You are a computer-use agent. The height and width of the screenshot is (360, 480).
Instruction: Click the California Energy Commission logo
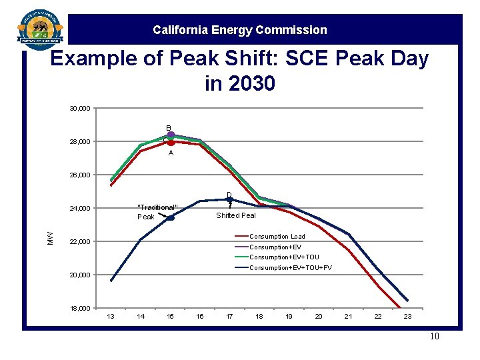[x=40, y=29]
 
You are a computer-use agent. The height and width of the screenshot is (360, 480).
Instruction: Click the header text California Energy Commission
[x=240, y=30]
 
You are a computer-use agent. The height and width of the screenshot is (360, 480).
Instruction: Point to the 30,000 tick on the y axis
[x=81, y=109]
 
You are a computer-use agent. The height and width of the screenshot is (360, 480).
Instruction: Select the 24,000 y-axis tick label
[x=81, y=209]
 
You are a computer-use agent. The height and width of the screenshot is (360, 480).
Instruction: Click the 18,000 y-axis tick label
[x=81, y=309]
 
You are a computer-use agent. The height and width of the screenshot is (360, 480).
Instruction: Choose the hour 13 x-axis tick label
[x=111, y=316]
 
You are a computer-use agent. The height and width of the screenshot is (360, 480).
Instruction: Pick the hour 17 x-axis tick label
[x=229, y=316]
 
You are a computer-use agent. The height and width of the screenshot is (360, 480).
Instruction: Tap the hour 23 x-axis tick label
[x=407, y=316]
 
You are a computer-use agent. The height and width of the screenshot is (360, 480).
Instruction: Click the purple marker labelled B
[x=171, y=135]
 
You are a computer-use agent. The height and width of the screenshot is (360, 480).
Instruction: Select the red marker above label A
[x=171, y=142]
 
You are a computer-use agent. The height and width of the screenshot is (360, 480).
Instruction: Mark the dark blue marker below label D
[x=229, y=199]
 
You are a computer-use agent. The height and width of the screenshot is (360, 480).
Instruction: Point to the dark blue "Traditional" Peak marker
[x=171, y=218]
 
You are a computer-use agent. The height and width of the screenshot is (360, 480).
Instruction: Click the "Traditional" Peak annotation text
[x=157, y=212]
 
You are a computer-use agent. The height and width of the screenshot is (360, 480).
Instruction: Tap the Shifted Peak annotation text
[x=236, y=215]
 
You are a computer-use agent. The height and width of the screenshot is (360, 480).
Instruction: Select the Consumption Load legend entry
[x=277, y=237]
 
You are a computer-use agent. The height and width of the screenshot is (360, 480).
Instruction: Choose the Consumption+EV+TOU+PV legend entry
[x=290, y=268]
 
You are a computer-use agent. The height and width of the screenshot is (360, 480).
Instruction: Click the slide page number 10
[x=435, y=336]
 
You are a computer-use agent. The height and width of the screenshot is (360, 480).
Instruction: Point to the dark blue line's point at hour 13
[x=111, y=281]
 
